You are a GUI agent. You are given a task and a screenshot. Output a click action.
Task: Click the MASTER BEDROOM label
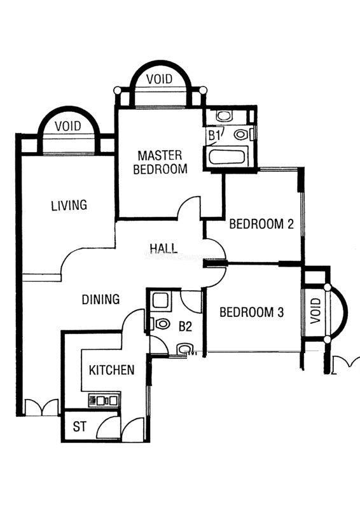point(160,162)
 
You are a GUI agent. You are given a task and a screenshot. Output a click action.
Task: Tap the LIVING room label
point(69,205)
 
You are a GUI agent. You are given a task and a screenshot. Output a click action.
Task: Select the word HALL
point(163,248)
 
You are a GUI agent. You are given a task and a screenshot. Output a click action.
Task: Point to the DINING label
point(100,299)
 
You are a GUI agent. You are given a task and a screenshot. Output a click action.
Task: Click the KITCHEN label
point(112,370)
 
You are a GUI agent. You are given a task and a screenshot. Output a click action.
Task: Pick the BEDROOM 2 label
point(261,224)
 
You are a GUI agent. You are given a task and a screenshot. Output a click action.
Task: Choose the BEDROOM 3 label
point(252,312)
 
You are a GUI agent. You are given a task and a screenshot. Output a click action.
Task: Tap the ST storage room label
point(80,426)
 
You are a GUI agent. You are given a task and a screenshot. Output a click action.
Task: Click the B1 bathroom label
point(212,135)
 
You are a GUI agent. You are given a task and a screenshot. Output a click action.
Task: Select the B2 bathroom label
point(185,326)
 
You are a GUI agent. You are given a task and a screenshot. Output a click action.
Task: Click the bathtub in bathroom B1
point(226,157)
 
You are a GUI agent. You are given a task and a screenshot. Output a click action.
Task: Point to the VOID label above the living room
point(68,126)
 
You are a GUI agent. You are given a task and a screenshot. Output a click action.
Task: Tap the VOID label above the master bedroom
point(159,79)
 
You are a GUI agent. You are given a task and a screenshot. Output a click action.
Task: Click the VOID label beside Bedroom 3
point(315,311)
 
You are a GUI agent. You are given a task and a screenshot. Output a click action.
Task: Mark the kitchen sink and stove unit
point(104,400)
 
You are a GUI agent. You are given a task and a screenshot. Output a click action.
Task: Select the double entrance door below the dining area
point(42,407)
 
